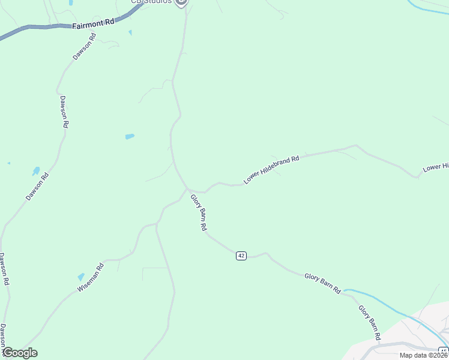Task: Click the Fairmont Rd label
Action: (x=92, y=24)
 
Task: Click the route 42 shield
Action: (x=241, y=256)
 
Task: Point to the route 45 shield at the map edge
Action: (x=444, y=350)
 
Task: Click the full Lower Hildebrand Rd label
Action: (x=271, y=170)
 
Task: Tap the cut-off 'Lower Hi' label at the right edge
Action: (x=436, y=167)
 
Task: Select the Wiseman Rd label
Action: (x=91, y=277)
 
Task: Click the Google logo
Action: (x=20, y=353)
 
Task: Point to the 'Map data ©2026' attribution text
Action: (x=423, y=355)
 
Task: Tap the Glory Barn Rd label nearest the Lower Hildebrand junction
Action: (x=199, y=213)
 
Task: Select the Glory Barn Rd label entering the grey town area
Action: (x=369, y=323)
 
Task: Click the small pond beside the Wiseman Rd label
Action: (x=81, y=277)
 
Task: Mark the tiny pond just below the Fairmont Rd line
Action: (x=130, y=32)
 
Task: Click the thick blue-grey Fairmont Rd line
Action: (x=36, y=27)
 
